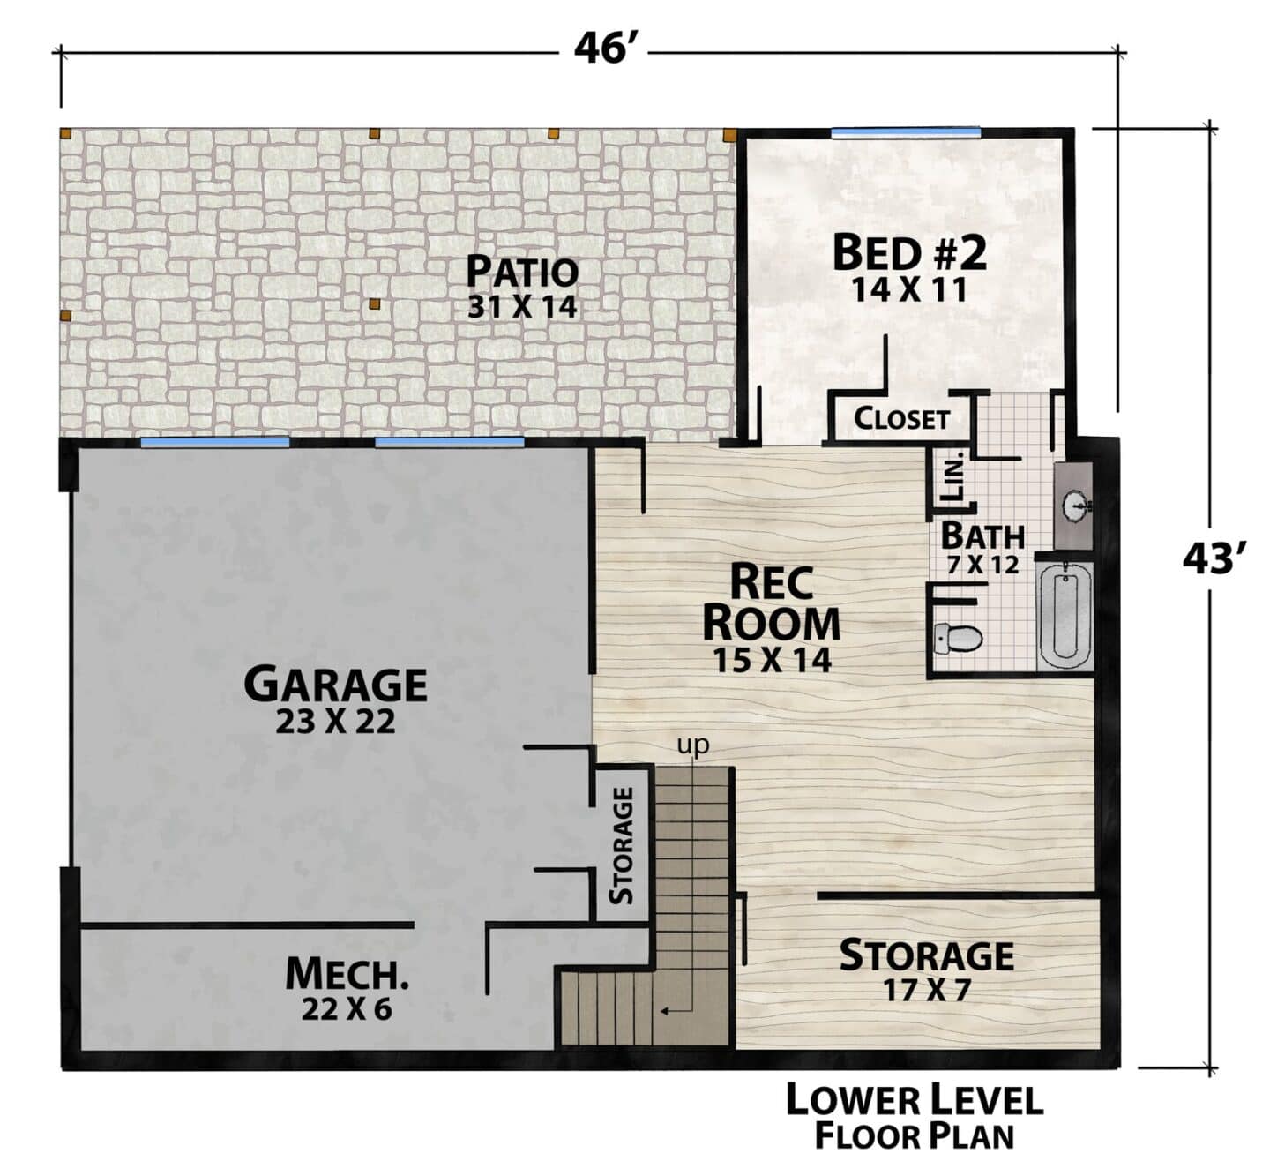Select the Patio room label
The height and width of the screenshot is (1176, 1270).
522,272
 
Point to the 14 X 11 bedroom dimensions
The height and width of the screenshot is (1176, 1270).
908,291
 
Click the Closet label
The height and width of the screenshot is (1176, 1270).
901,419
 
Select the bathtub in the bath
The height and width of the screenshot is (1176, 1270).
1065,616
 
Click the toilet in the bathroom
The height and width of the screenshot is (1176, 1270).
957,638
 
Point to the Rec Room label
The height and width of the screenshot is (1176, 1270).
771,603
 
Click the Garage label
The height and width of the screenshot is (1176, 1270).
335,684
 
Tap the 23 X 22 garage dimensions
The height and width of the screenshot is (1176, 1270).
335,723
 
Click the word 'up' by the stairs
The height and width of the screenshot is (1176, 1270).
693,745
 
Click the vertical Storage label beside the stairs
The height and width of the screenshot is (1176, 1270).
622,845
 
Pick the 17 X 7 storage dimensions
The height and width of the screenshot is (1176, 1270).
927,991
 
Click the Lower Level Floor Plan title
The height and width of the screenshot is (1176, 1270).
915,1118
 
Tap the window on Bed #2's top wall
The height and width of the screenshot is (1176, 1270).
905,132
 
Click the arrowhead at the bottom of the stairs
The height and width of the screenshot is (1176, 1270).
665,1012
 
